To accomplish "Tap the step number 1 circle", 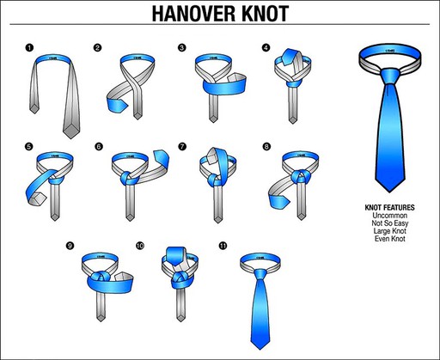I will [x=29, y=47].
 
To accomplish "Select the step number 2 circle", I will [x=98, y=47].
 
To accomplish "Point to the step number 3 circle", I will [x=181, y=47].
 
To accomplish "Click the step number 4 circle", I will [x=266, y=47].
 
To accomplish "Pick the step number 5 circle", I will [x=29, y=146].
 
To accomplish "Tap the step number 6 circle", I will [x=99, y=146].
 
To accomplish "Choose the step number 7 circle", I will [x=181, y=146].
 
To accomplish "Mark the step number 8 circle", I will [x=266, y=146].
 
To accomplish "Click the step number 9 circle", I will [x=70, y=247].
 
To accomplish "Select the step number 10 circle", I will [x=140, y=247].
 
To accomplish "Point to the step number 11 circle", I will [x=223, y=247].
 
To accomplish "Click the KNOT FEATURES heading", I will [x=390, y=208].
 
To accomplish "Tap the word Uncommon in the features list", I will [x=390, y=217].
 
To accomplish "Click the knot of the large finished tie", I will [x=391, y=75].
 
